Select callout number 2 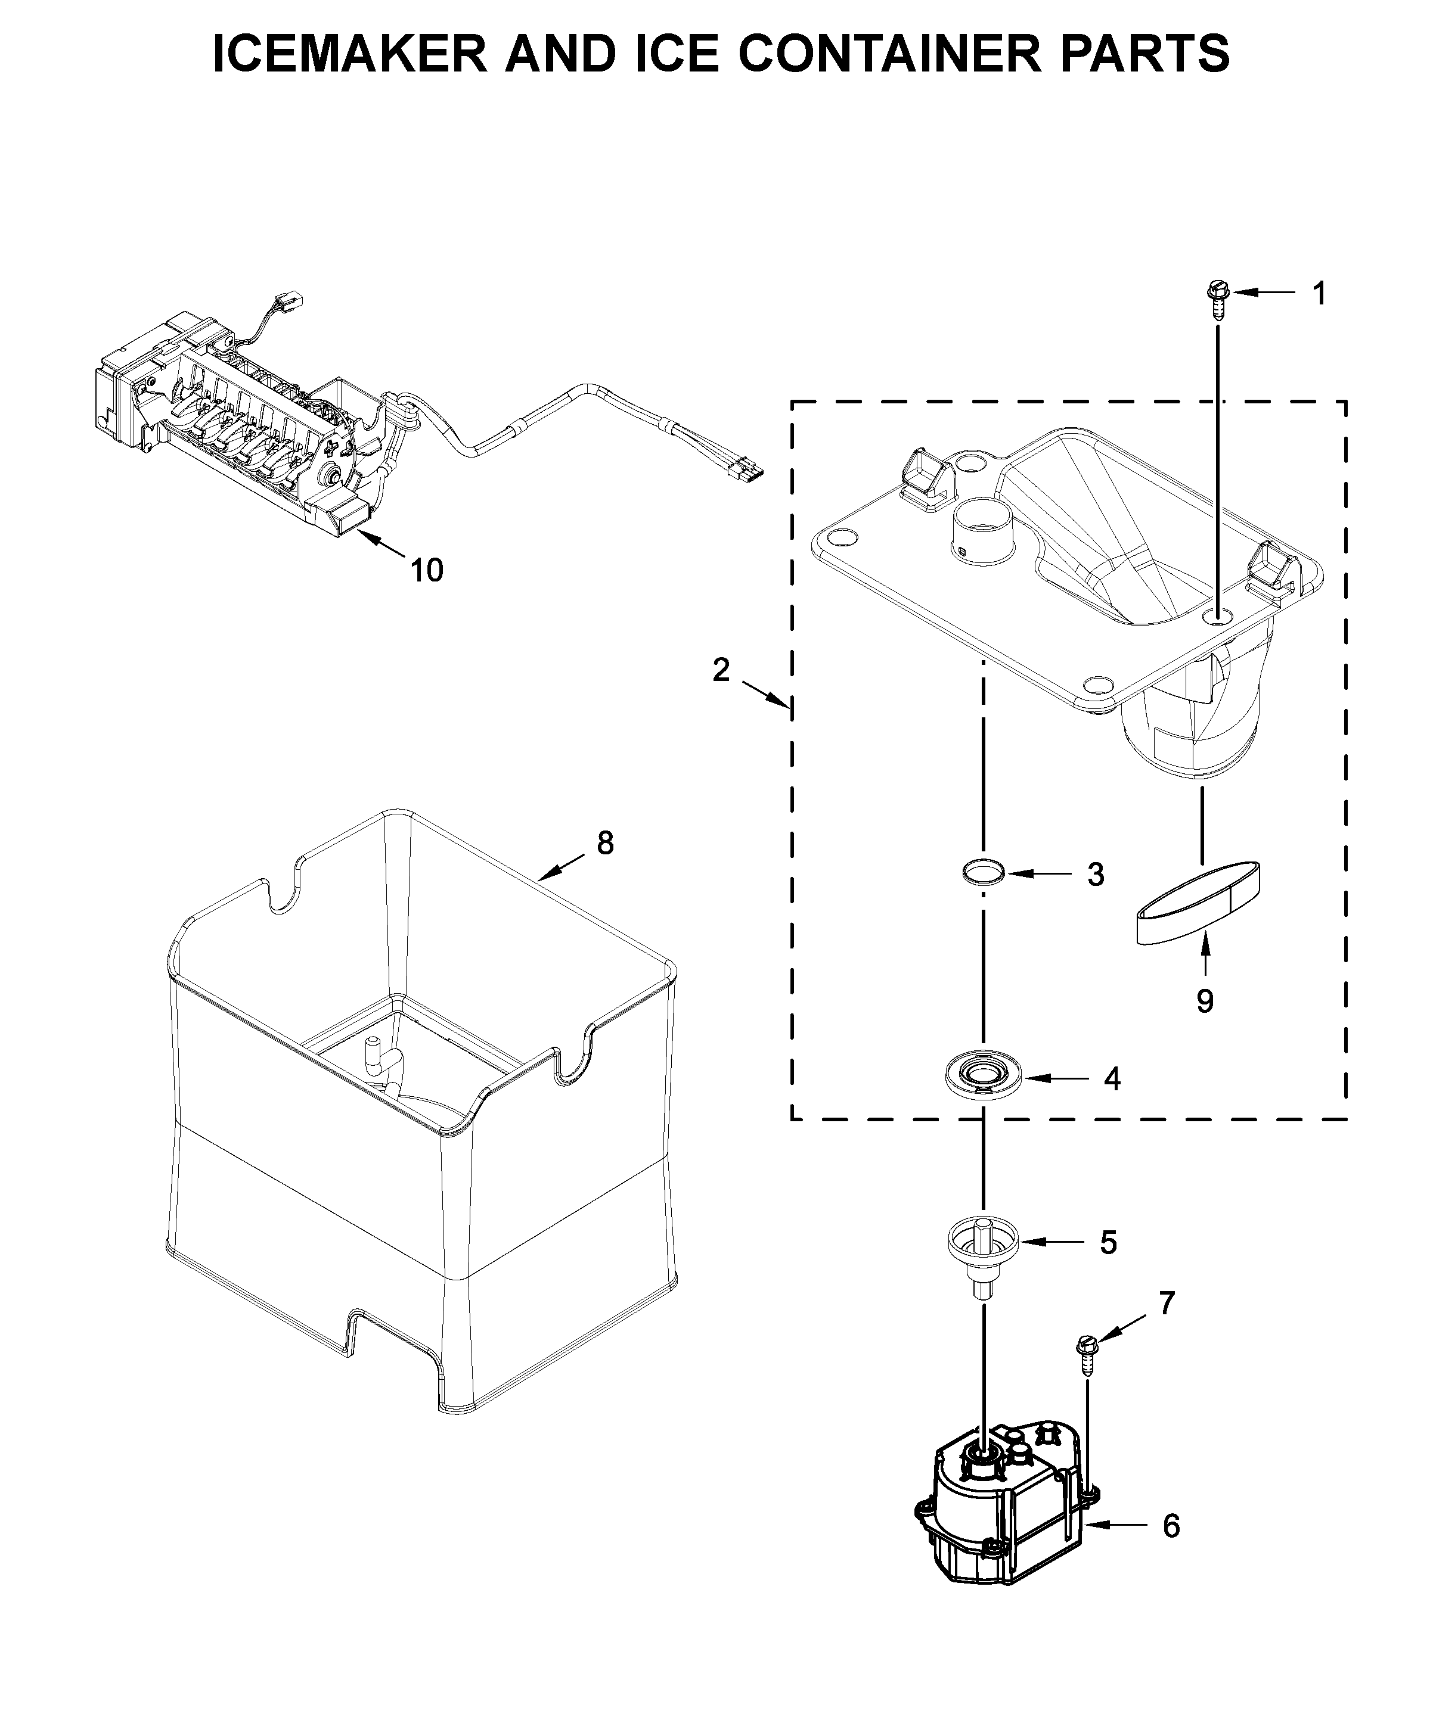point(721,670)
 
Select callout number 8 point(605,843)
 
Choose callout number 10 point(427,570)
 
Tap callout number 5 point(1108,1265)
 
